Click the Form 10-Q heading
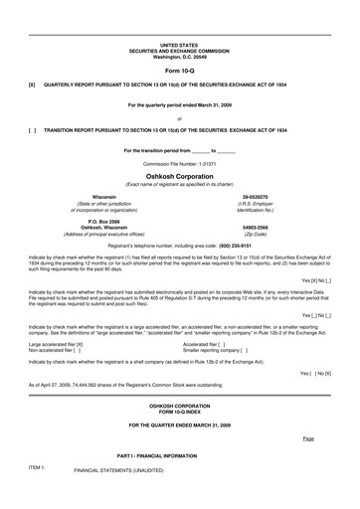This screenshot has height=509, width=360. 179,71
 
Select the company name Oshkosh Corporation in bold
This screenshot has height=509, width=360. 179,175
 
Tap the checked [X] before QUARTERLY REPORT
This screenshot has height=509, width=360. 33,86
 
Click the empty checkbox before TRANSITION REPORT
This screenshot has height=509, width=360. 33,130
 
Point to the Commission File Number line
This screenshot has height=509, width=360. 179,162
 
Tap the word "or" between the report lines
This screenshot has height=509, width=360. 179,117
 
